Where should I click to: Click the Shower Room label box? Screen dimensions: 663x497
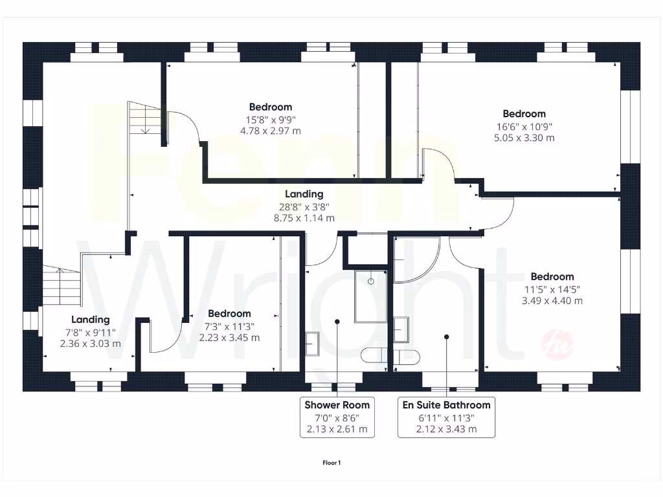[337, 417]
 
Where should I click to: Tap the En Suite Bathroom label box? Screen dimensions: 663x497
[446, 417]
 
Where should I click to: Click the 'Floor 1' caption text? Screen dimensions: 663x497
[331, 463]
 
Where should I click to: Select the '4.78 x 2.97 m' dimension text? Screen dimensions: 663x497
[271, 131]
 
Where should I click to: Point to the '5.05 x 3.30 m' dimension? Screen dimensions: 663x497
[524, 138]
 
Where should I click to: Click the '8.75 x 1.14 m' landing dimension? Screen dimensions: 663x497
[304, 218]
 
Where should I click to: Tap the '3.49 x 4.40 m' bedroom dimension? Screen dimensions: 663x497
[552, 301]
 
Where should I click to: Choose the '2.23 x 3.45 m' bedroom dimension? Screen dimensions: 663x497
[230, 338]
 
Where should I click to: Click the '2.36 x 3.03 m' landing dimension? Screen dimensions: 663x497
[91, 344]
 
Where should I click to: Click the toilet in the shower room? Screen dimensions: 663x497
[374, 355]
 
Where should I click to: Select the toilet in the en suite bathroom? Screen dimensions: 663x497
[407, 357]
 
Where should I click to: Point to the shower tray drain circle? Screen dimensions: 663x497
[371, 281]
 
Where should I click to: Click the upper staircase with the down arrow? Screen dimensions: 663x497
[144, 118]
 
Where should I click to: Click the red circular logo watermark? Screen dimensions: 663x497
[557, 344]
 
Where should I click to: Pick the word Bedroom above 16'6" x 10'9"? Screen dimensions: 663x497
[524, 114]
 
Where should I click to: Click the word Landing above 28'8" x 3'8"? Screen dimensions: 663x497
[304, 194]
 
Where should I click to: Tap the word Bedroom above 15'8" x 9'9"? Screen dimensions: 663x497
[271, 107]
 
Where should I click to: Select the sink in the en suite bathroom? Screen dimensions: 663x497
[401, 329]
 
